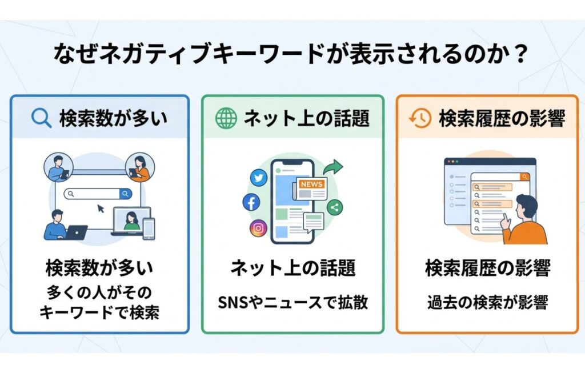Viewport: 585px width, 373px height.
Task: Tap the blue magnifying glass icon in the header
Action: click(x=41, y=118)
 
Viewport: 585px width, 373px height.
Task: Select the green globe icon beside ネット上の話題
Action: click(x=226, y=118)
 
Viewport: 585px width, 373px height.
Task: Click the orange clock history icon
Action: click(x=420, y=118)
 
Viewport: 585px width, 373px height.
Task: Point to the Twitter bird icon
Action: click(x=259, y=178)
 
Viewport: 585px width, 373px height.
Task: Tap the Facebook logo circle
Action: click(x=251, y=202)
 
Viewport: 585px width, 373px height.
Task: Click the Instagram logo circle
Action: click(x=258, y=228)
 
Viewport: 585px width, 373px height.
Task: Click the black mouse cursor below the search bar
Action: click(x=101, y=208)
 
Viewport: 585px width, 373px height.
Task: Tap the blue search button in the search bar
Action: click(x=126, y=194)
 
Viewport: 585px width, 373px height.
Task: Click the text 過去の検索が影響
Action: click(x=487, y=303)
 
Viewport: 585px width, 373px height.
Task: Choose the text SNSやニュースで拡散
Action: click(x=292, y=303)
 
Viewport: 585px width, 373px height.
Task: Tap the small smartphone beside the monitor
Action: click(x=149, y=228)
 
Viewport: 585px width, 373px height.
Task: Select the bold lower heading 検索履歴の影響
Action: click(x=487, y=268)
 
